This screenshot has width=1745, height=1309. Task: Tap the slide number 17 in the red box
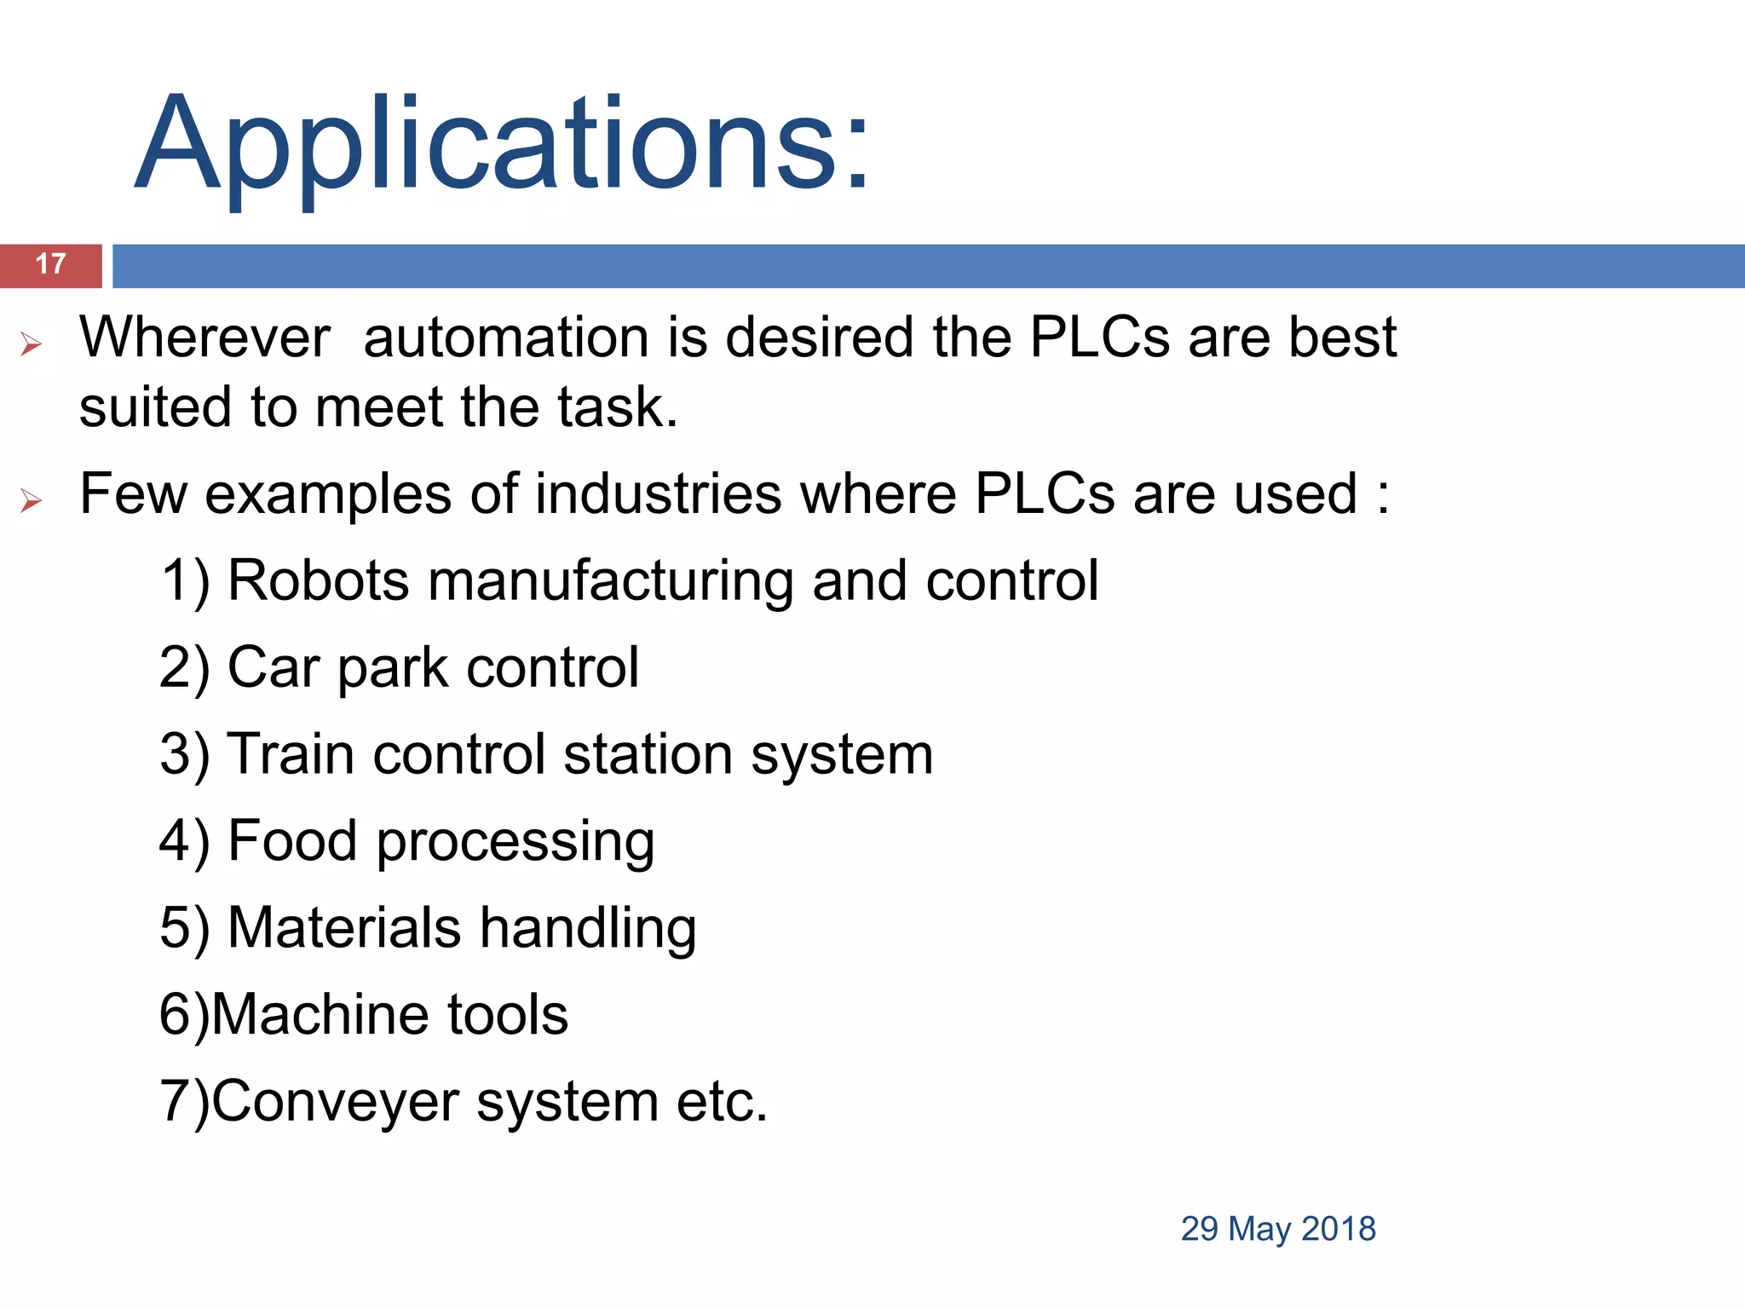(51, 264)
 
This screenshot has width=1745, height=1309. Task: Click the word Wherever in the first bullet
(204, 337)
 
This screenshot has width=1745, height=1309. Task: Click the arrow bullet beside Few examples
(32, 500)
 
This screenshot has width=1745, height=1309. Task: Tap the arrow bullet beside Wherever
(32, 344)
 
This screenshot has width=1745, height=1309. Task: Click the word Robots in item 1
(319, 581)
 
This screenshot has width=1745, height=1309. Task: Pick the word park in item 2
(393, 670)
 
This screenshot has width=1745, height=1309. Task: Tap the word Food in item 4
(292, 841)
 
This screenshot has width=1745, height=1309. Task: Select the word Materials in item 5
(345, 928)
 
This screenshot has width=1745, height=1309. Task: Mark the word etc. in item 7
(723, 1102)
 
